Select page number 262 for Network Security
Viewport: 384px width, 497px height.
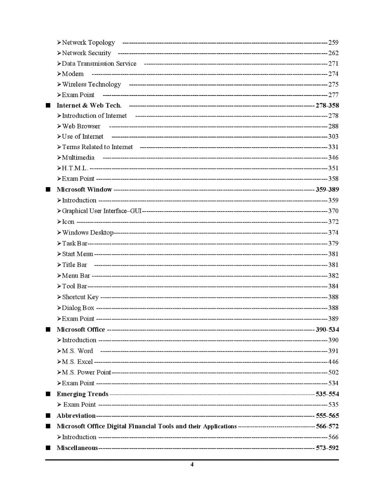pos(333,53)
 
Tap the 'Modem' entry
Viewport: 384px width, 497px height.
pos(73,74)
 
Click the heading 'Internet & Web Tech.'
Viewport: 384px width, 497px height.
pos(89,105)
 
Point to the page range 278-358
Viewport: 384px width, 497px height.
pos(327,105)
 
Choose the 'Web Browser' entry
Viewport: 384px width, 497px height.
pos(81,126)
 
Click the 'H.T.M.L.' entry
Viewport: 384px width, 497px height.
pos(75,168)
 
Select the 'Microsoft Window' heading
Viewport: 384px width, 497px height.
pos(84,189)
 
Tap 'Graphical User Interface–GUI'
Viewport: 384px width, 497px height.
pos(101,211)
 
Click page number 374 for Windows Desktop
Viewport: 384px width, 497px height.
pos(333,233)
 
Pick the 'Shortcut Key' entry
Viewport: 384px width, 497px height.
pos(80,297)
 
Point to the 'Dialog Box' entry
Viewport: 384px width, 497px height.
pos(78,308)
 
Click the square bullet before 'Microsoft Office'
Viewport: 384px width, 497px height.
pos(48,330)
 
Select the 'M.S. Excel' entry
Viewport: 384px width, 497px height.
pos(77,362)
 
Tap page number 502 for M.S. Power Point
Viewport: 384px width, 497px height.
pos(333,372)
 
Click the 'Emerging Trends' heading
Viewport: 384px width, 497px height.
pos(82,394)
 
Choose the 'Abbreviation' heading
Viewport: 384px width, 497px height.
pos(76,415)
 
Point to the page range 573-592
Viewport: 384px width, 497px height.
pos(327,448)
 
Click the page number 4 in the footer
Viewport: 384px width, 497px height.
pos(192,465)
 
